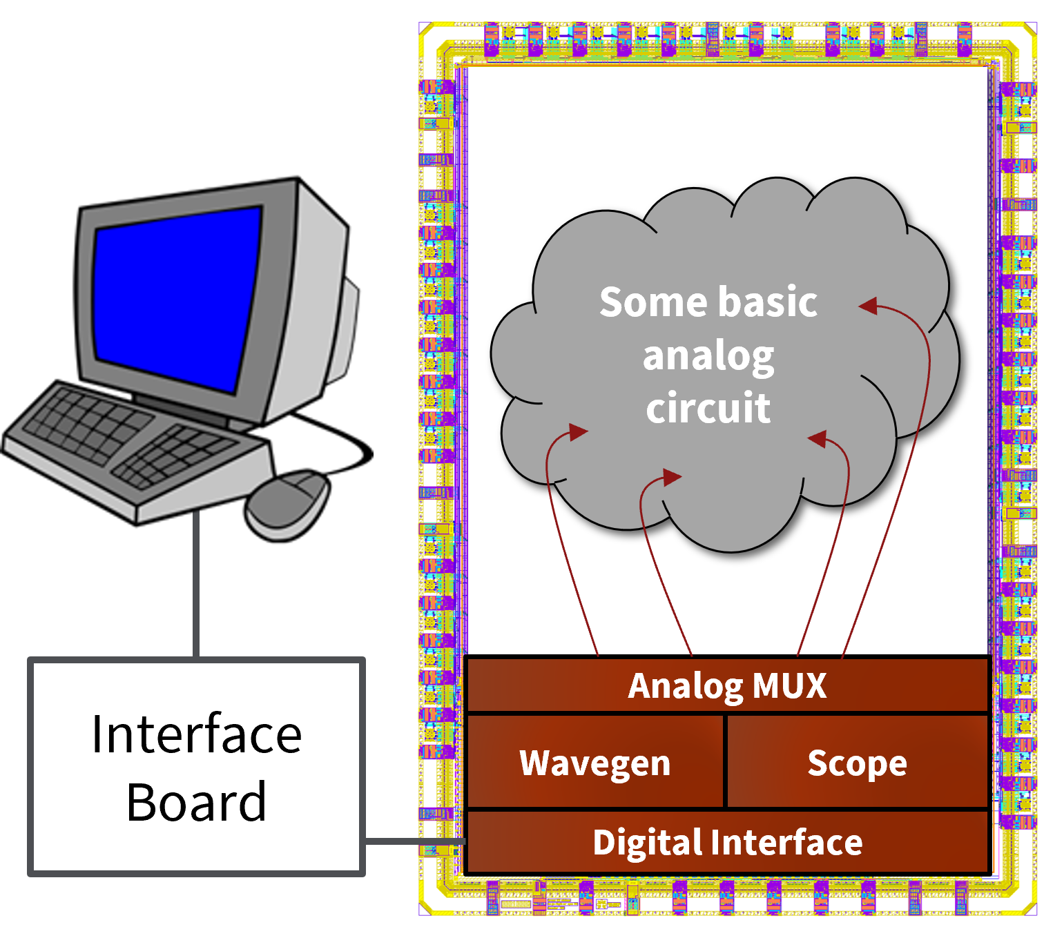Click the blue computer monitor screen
tap(176, 297)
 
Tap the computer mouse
tap(287, 504)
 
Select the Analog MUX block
tap(728, 685)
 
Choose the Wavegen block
tap(595, 763)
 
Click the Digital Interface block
tap(728, 843)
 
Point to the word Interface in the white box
tap(197, 734)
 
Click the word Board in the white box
tap(197, 802)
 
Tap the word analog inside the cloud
tap(708, 356)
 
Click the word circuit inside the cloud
tap(708, 408)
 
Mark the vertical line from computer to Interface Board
tap(197, 583)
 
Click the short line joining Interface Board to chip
tap(414, 841)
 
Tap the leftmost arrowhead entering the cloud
tap(577, 432)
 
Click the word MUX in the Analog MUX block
tap(790, 685)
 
